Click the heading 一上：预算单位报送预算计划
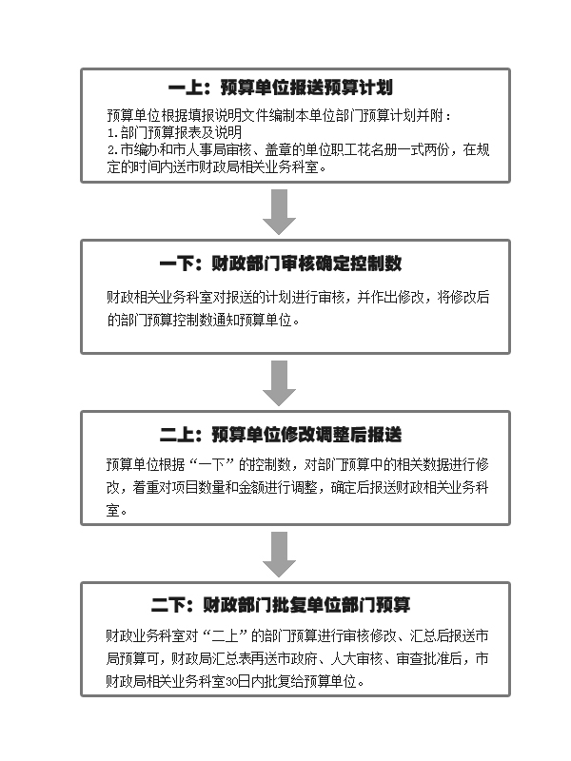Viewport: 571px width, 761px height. point(281,88)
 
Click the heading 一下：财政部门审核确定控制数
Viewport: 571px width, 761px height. point(281,263)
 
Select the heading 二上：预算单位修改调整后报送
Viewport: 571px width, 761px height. point(281,435)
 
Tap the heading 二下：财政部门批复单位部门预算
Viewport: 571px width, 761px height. point(281,605)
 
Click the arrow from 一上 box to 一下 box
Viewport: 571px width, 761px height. point(279,211)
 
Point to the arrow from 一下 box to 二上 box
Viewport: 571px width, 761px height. point(279,383)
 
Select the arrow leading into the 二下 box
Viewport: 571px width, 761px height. point(279,555)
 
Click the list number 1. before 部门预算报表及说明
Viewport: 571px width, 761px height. point(112,133)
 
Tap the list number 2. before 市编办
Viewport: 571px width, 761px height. point(112,150)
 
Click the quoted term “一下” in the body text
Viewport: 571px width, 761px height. point(212,465)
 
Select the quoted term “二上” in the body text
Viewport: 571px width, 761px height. point(226,635)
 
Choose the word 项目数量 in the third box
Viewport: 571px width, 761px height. point(199,487)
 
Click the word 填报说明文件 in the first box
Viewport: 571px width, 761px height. point(214,116)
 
